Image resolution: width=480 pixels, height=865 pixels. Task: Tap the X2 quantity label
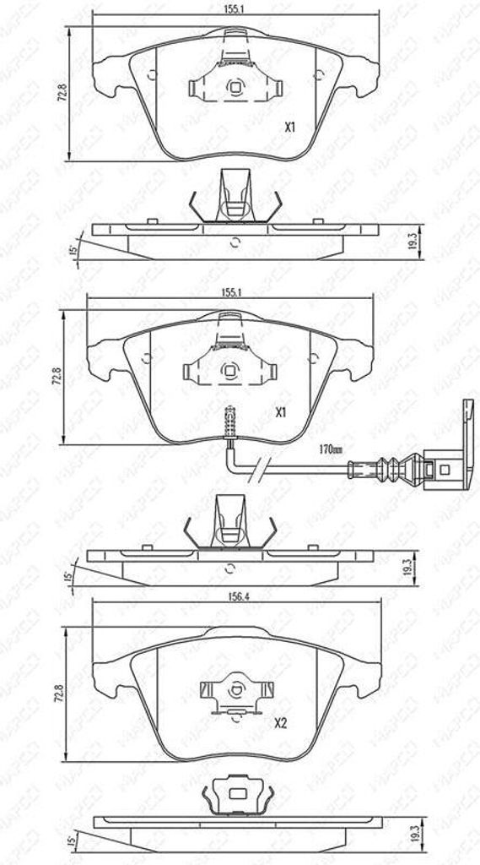pos(282,723)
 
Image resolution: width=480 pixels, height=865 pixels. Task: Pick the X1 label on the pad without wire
pos(289,128)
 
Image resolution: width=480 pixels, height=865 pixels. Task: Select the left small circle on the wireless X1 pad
pos(152,74)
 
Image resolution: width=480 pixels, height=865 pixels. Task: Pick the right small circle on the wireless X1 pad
pos(318,74)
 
